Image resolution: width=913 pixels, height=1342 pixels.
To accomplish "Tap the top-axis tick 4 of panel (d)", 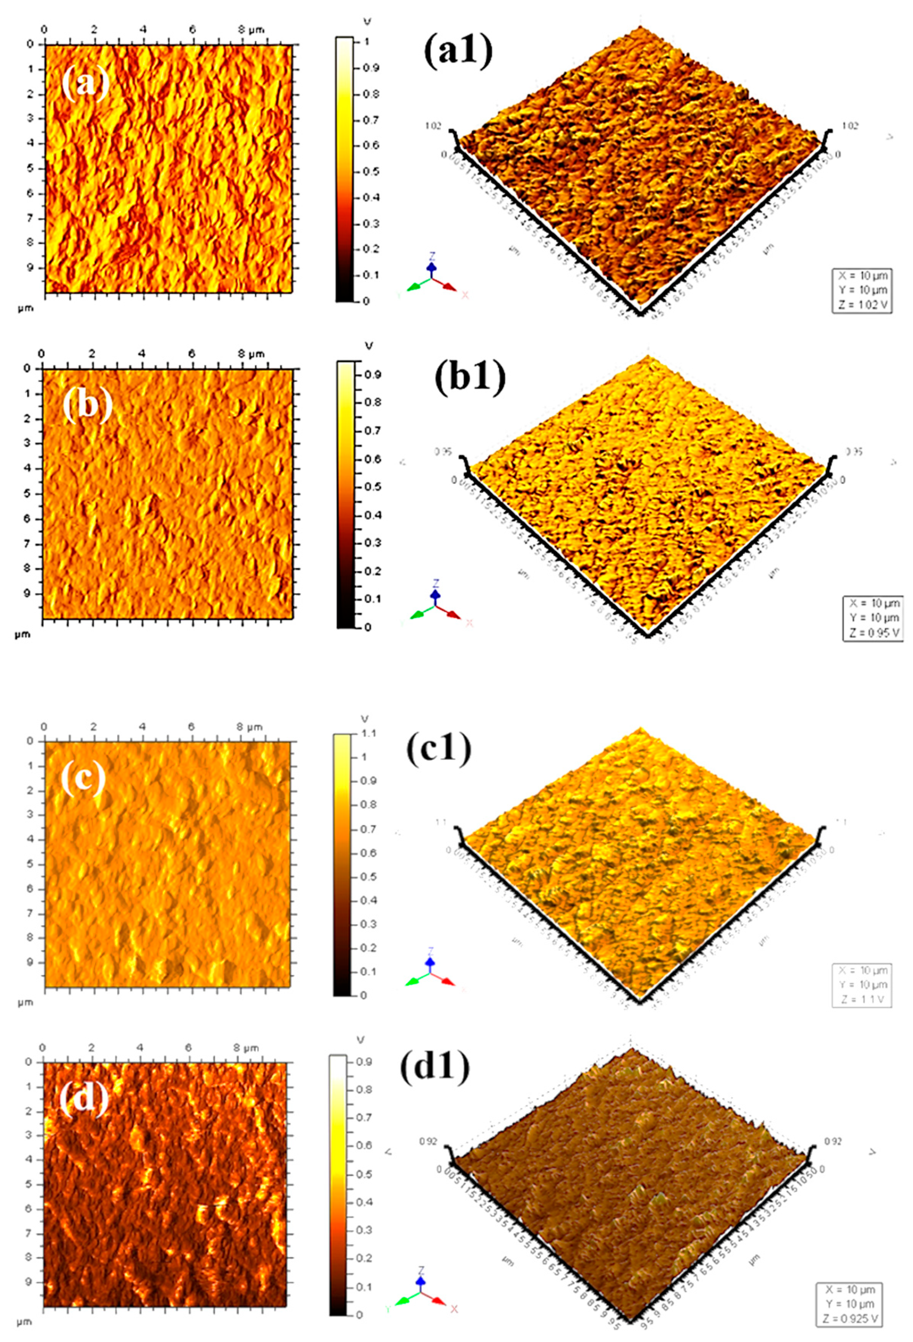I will click(x=140, y=1048).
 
